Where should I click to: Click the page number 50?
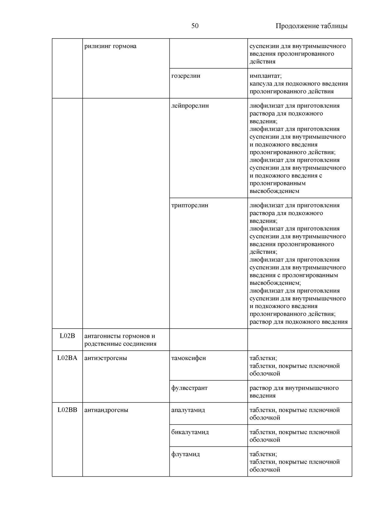point(195,26)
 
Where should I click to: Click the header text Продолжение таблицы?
point(311,26)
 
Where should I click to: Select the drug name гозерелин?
point(186,76)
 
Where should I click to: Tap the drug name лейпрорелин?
point(190,106)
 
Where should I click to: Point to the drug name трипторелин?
point(190,205)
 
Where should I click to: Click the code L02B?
point(67,336)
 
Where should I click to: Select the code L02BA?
point(67,358)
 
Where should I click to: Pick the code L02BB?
point(67,410)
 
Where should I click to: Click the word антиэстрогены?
point(106,358)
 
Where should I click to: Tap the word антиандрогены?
point(106,410)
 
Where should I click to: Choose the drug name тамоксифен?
point(189,358)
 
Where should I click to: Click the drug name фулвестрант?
point(189,388)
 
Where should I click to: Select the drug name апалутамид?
point(188,410)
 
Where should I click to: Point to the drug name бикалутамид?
point(190,432)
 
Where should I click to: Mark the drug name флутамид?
point(186,454)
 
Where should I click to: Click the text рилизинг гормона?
point(110,46)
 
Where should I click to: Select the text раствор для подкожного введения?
point(299,322)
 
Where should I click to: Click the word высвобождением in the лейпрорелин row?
point(274,191)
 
